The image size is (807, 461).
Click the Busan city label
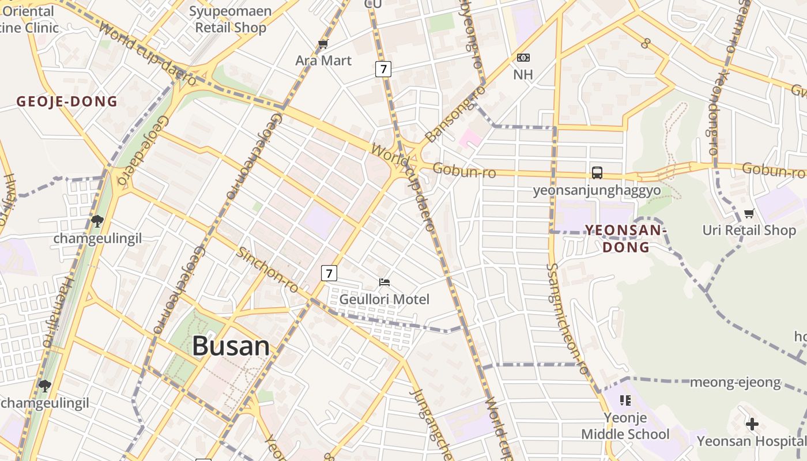click(x=231, y=346)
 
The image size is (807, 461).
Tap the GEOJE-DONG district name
click(x=67, y=102)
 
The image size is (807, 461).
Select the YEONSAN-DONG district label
click(x=625, y=239)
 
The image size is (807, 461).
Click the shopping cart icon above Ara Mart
click(x=323, y=44)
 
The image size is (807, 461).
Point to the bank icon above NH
click(x=523, y=58)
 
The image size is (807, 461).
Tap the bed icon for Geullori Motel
click(x=384, y=282)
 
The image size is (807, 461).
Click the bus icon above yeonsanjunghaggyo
click(x=597, y=172)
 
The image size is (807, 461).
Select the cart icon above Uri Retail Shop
click(x=749, y=214)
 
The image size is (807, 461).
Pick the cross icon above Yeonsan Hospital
click(x=752, y=425)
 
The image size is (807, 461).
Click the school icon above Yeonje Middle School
click(x=625, y=400)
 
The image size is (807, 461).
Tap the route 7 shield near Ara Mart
click(x=383, y=70)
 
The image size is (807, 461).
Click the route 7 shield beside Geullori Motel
click(x=329, y=273)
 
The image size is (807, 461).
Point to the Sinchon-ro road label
click(x=268, y=270)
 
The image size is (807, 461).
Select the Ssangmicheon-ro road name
click(x=568, y=320)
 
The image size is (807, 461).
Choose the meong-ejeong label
click(x=735, y=383)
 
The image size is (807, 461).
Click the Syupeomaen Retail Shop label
click(x=231, y=19)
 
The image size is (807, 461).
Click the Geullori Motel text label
click(x=384, y=300)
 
